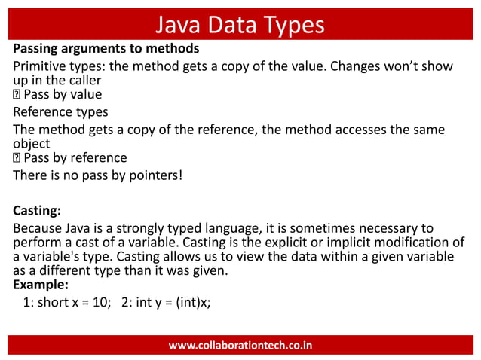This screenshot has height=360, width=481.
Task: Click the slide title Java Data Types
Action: [x=240, y=25]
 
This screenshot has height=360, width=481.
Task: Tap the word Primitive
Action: [x=41, y=66]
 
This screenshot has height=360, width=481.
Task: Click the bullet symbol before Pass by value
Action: [x=17, y=95]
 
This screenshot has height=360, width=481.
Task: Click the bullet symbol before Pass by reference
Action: [x=17, y=158]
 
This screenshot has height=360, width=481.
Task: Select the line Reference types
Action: [x=60, y=112]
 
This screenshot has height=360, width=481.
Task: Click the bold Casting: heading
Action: [x=38, y=210]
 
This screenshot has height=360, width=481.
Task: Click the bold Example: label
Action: [x=41, y=285]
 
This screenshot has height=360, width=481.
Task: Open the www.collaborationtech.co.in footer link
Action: [x=240, y=346]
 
